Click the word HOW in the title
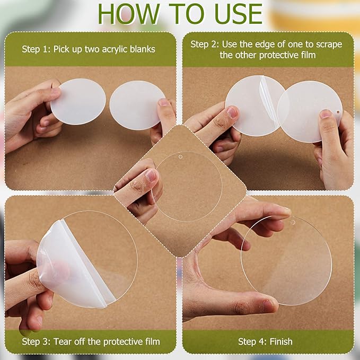pos(128,14)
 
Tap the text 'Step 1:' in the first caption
pos(36,49)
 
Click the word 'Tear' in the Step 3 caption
pos(63,341)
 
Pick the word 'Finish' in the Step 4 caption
pos(281,341)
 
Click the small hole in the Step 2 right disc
pos(338,112)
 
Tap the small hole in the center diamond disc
pos(180,157)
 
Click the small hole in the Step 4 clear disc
pos(293,222)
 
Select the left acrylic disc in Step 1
pos(78,101)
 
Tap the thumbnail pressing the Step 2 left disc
pos(232,112)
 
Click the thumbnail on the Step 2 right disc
pos(326,114)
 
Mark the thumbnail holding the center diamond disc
pos(151,175)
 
